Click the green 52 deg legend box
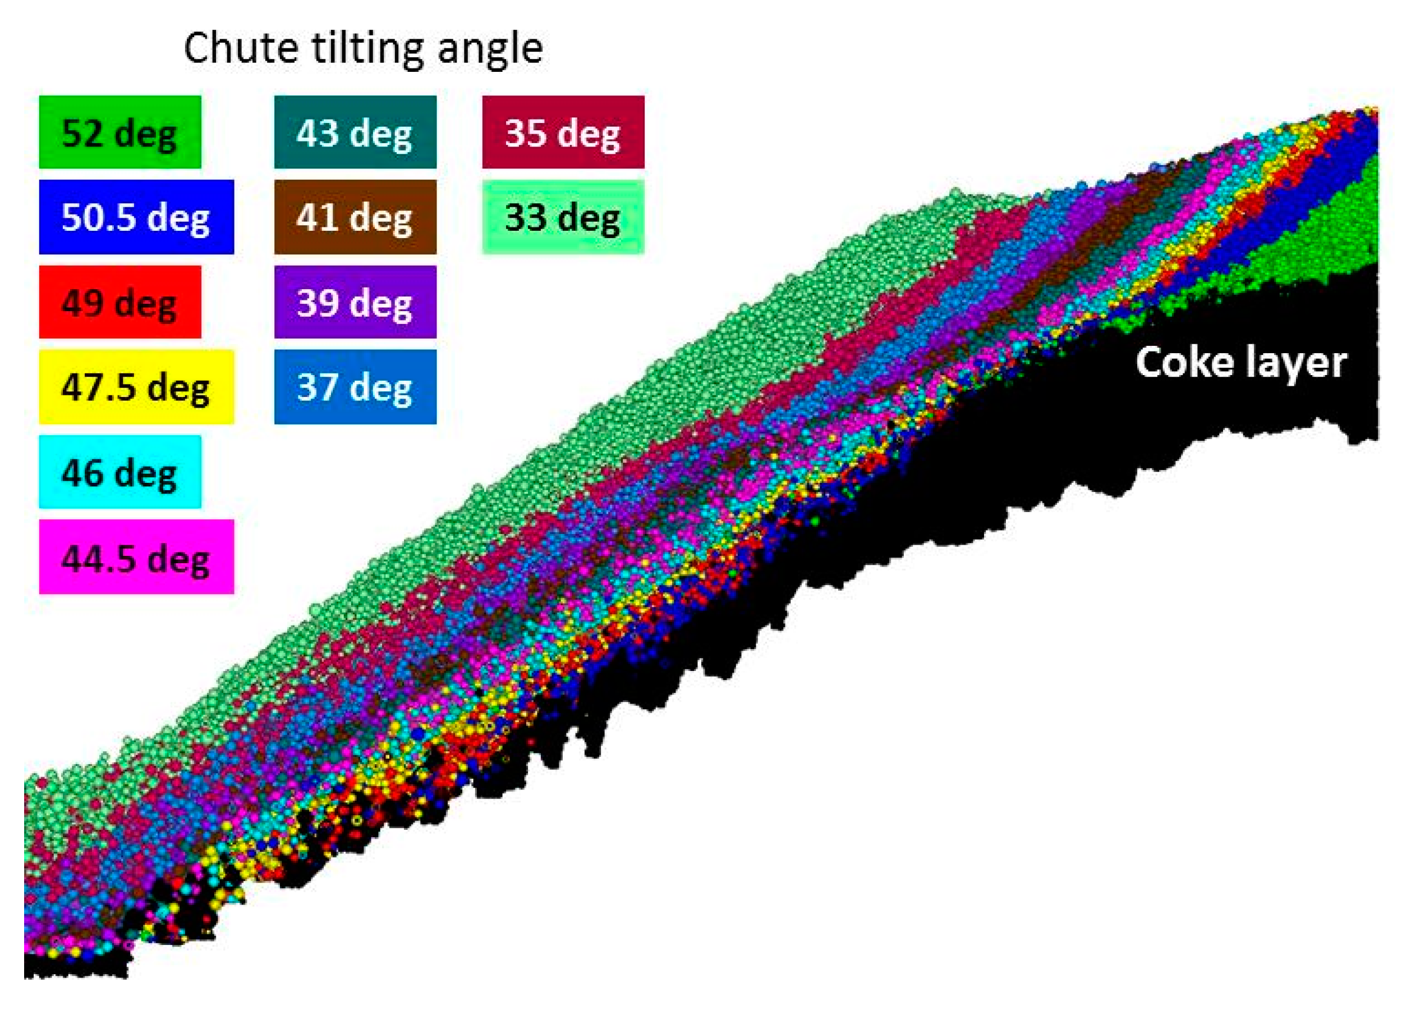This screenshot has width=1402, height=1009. [120, 132]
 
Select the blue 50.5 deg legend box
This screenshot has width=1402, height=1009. [136, 217]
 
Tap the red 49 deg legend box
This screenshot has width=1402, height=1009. [120, 302]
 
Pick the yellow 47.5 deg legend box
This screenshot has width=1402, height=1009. [136, 387]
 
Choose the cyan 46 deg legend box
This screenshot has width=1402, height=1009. [120, 472]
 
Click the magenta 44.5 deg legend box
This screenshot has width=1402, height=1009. [136, 557]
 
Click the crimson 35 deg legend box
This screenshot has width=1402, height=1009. [563, 132]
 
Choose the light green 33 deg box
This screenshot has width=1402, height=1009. [563, 217]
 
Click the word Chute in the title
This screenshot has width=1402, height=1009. [241, 48]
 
